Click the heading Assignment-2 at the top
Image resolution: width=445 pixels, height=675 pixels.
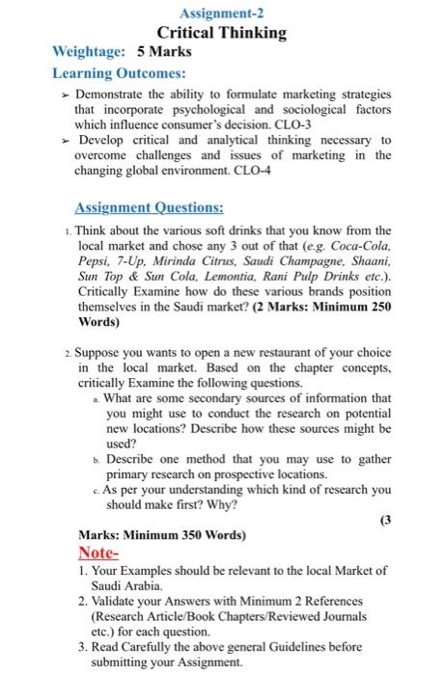[221, 13]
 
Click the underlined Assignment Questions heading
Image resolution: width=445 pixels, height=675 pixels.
[150, 206]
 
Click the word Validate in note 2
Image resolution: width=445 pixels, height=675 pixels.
[117, 600]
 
